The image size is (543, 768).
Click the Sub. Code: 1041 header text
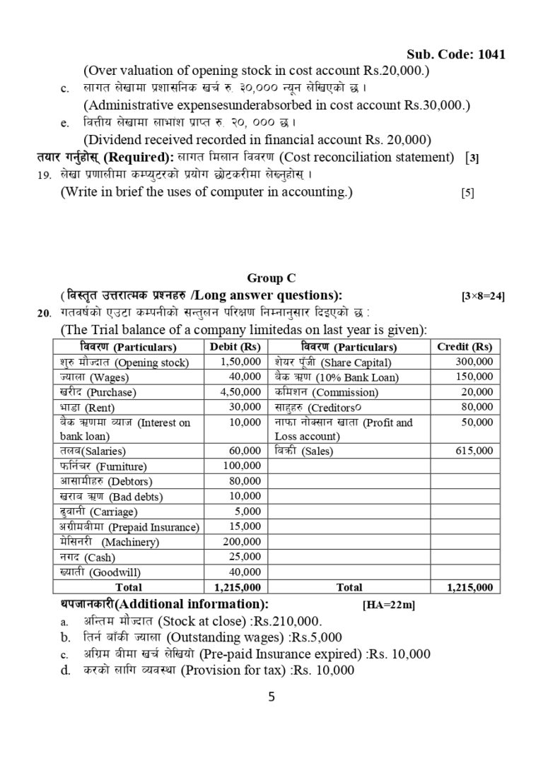point(456,55)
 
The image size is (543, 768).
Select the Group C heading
point(271,278)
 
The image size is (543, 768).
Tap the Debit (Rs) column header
point(235,347)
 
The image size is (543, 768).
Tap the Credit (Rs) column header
point(464,347)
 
